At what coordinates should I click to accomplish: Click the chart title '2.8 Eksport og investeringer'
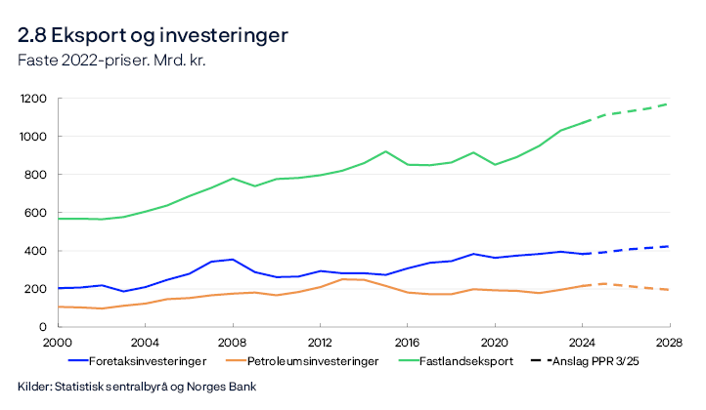tap(153, 36)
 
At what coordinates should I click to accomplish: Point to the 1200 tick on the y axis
tap(36, 100)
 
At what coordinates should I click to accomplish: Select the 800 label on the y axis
tap(40, 175)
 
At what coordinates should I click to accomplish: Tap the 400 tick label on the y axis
tap(40, 251)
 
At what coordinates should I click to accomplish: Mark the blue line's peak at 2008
tap(231, 260)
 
